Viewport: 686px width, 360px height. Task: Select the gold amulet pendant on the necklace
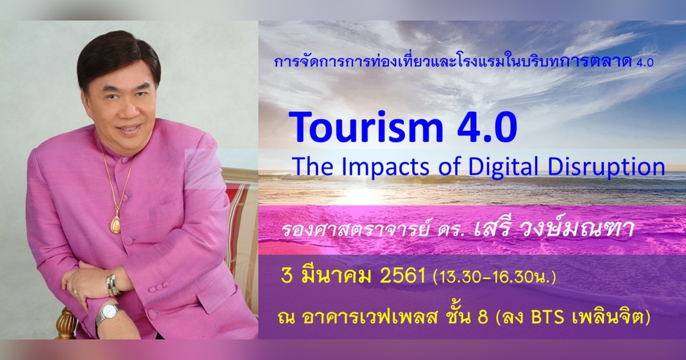[x=115, y=223]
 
